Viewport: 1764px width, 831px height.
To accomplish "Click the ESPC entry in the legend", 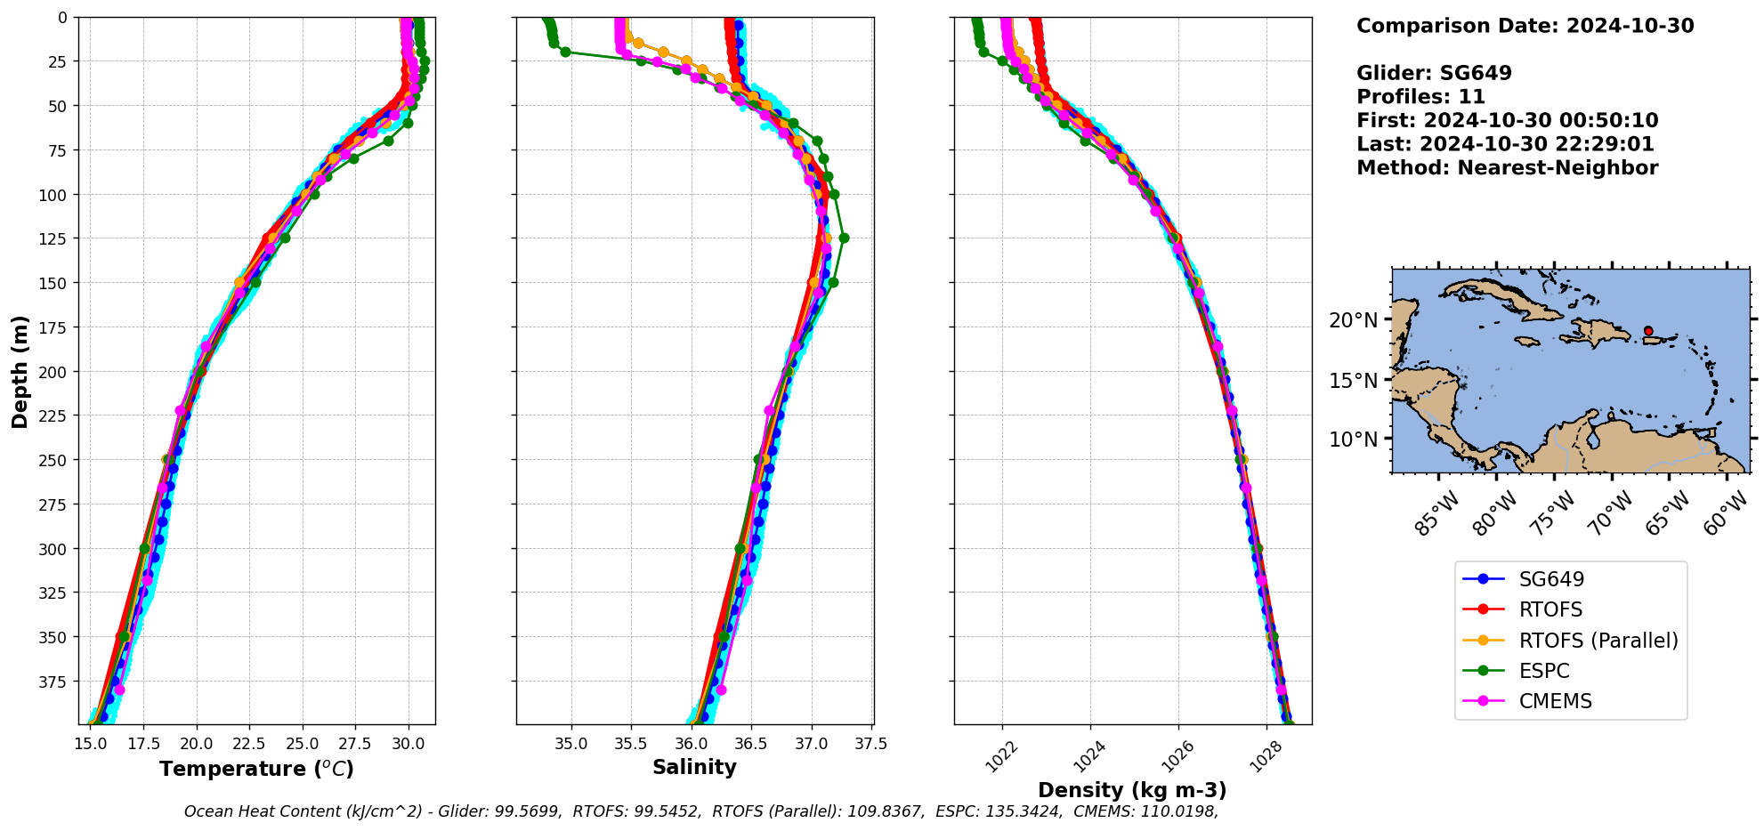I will [1543, 671].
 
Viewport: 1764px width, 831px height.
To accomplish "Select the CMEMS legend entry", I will [1554, 701].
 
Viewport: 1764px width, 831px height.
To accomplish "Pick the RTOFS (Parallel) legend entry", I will [1598, 641].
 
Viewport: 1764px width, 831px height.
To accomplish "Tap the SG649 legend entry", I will [1550, 579].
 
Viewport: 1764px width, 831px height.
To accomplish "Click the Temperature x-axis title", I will [256, 769].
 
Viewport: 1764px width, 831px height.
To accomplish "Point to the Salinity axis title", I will [694, 767].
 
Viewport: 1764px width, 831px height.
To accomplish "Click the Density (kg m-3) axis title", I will [1132, 790].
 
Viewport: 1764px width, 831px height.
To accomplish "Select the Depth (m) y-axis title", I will [20, 371].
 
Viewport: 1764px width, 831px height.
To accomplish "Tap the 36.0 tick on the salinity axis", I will [691, 744].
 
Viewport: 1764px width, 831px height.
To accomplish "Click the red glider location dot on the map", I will [1648, 331].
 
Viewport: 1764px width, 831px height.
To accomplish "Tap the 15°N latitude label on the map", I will [1353, 381].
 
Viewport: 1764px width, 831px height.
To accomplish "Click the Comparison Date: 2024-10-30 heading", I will [1525, 26].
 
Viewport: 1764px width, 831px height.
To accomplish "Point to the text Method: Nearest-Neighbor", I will [1507, 168].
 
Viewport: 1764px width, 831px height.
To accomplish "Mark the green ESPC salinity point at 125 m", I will [844, 238].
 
